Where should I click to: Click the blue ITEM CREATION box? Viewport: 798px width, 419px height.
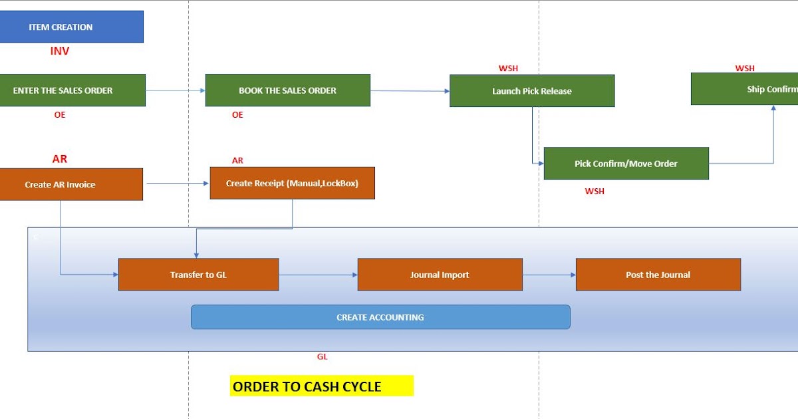point(71,27)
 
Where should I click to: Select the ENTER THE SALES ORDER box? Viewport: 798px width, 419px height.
point(72,90)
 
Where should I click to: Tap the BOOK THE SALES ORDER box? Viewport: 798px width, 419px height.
point(287,90)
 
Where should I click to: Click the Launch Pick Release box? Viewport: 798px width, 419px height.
point(531,91)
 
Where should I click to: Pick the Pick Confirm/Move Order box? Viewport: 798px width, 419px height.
point(626,164)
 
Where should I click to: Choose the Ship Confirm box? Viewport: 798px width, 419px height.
point(745,89)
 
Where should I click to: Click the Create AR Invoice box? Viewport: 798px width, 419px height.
point(70,184)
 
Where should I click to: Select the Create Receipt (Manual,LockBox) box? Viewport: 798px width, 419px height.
point(292,183)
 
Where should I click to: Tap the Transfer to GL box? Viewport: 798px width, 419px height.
point(198,275)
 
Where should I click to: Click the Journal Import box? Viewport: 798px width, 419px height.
point(440,275)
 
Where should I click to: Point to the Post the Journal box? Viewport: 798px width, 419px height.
point(658,275)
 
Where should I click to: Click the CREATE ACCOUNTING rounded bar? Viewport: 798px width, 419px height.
point(380,317)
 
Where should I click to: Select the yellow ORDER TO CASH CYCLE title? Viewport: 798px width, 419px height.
point(321,386)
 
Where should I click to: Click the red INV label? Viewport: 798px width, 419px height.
point(60,51)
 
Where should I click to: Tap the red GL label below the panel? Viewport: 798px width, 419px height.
point(322,356)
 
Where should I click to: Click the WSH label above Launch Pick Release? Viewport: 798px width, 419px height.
point(508,69)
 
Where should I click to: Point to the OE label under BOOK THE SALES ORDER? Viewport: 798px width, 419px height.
point(237,115)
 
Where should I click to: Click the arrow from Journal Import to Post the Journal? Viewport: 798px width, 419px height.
point(549,275)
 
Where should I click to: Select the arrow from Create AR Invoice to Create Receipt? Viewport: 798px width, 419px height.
point(176,184)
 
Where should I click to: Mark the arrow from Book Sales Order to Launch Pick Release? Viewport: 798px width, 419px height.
point(410,91)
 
